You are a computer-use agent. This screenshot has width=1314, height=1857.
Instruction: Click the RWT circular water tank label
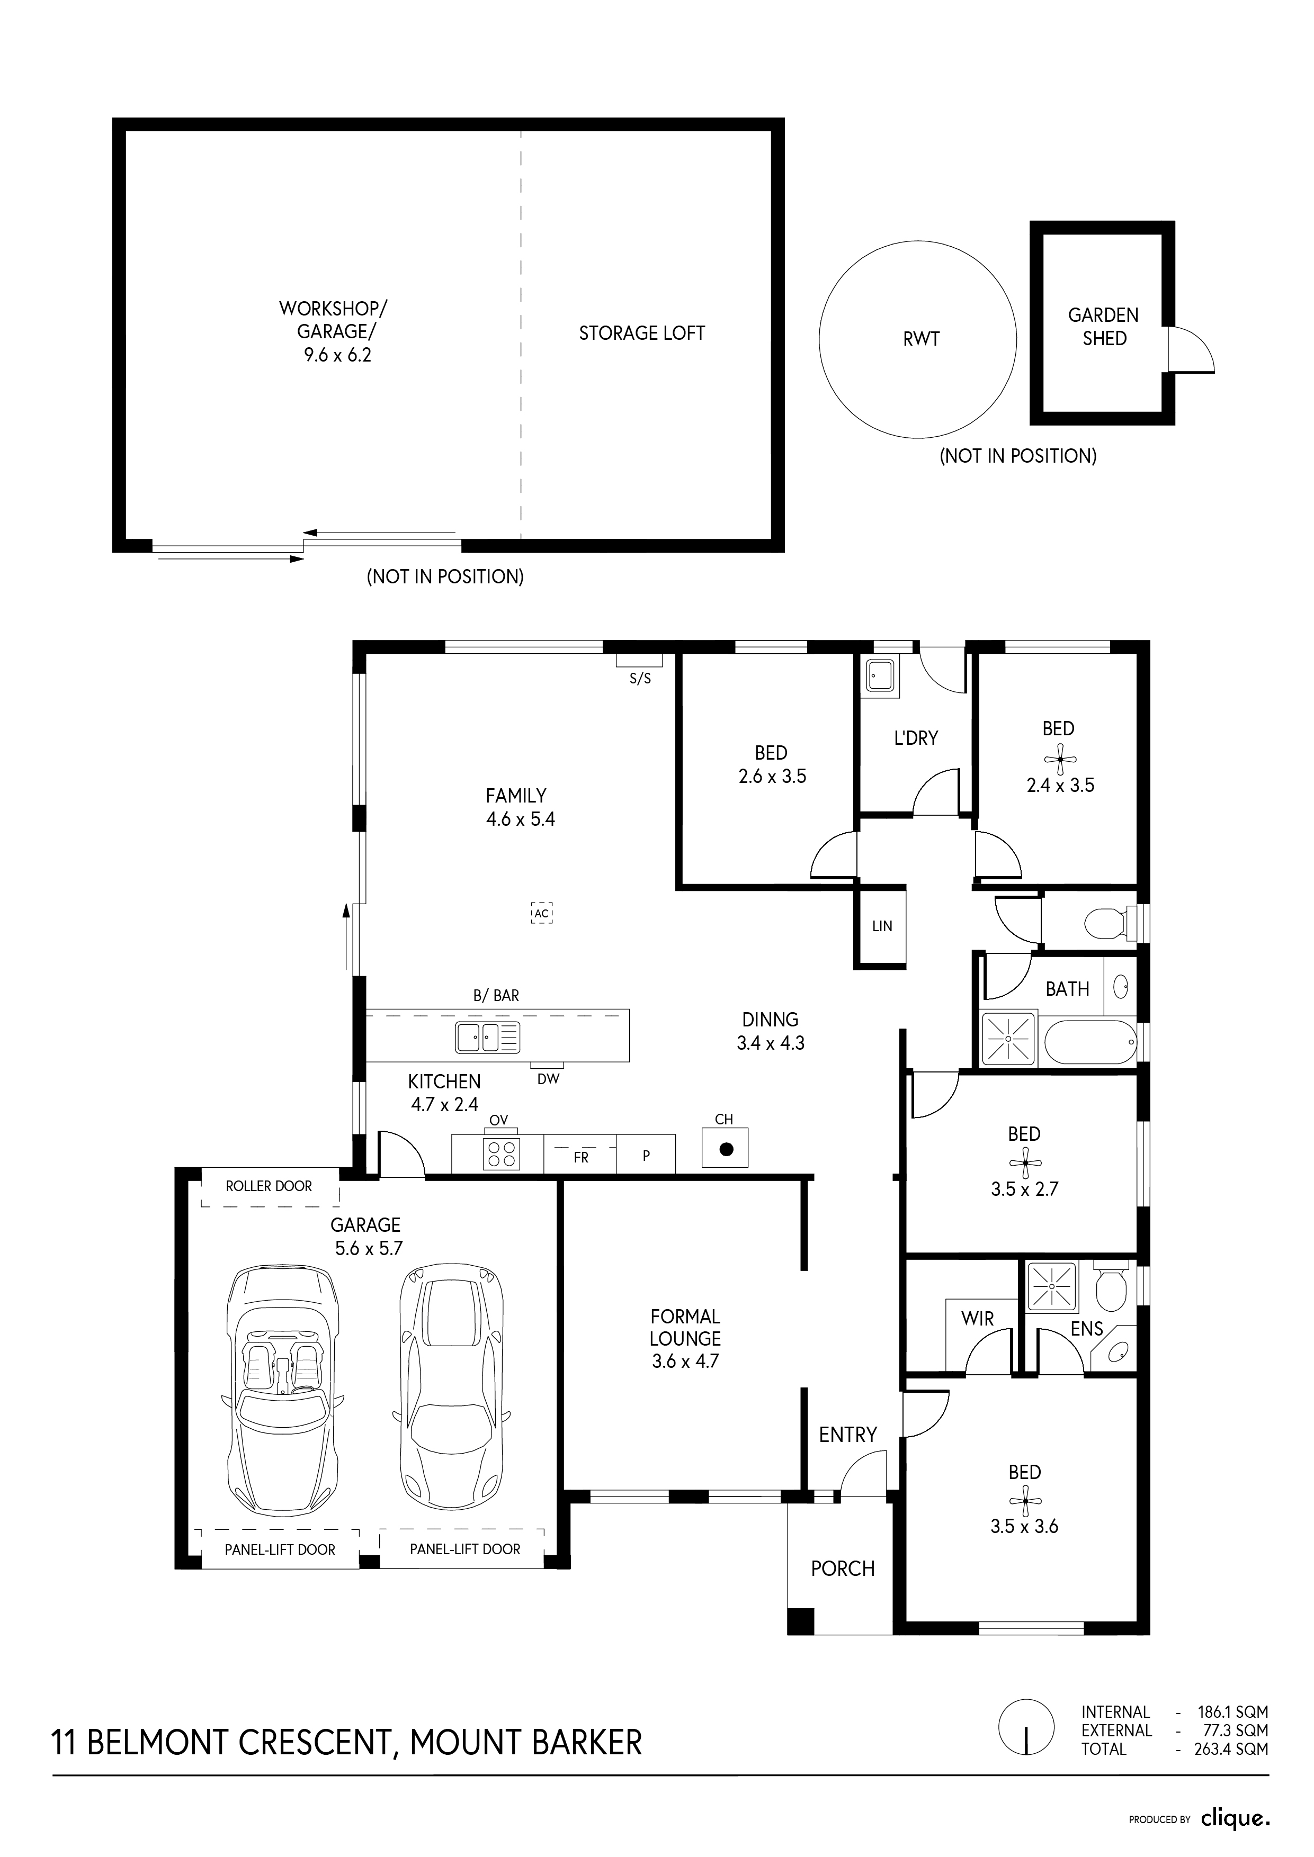click(921, 339)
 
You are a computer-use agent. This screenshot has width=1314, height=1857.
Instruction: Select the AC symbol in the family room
click(541, 913)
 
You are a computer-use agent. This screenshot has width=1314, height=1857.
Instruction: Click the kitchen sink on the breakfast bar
click(487, 1037)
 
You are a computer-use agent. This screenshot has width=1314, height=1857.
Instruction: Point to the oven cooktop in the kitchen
click(501, 1152)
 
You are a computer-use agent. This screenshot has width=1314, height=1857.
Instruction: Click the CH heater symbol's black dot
click(726, 1149)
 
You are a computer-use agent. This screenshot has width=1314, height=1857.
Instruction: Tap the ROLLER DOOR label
click(269, 1186)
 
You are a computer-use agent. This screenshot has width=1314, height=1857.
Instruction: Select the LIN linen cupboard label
click(882, 926)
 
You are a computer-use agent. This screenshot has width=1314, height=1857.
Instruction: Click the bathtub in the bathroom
click(1089, 1042)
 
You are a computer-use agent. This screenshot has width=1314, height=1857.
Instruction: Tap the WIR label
click(977, 1319)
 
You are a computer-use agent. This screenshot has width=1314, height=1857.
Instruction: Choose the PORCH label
click(843, 1569)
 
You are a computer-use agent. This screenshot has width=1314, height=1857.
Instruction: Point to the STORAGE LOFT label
click(641, 333)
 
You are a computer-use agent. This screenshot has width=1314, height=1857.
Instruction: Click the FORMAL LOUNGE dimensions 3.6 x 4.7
click(685, 1361)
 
